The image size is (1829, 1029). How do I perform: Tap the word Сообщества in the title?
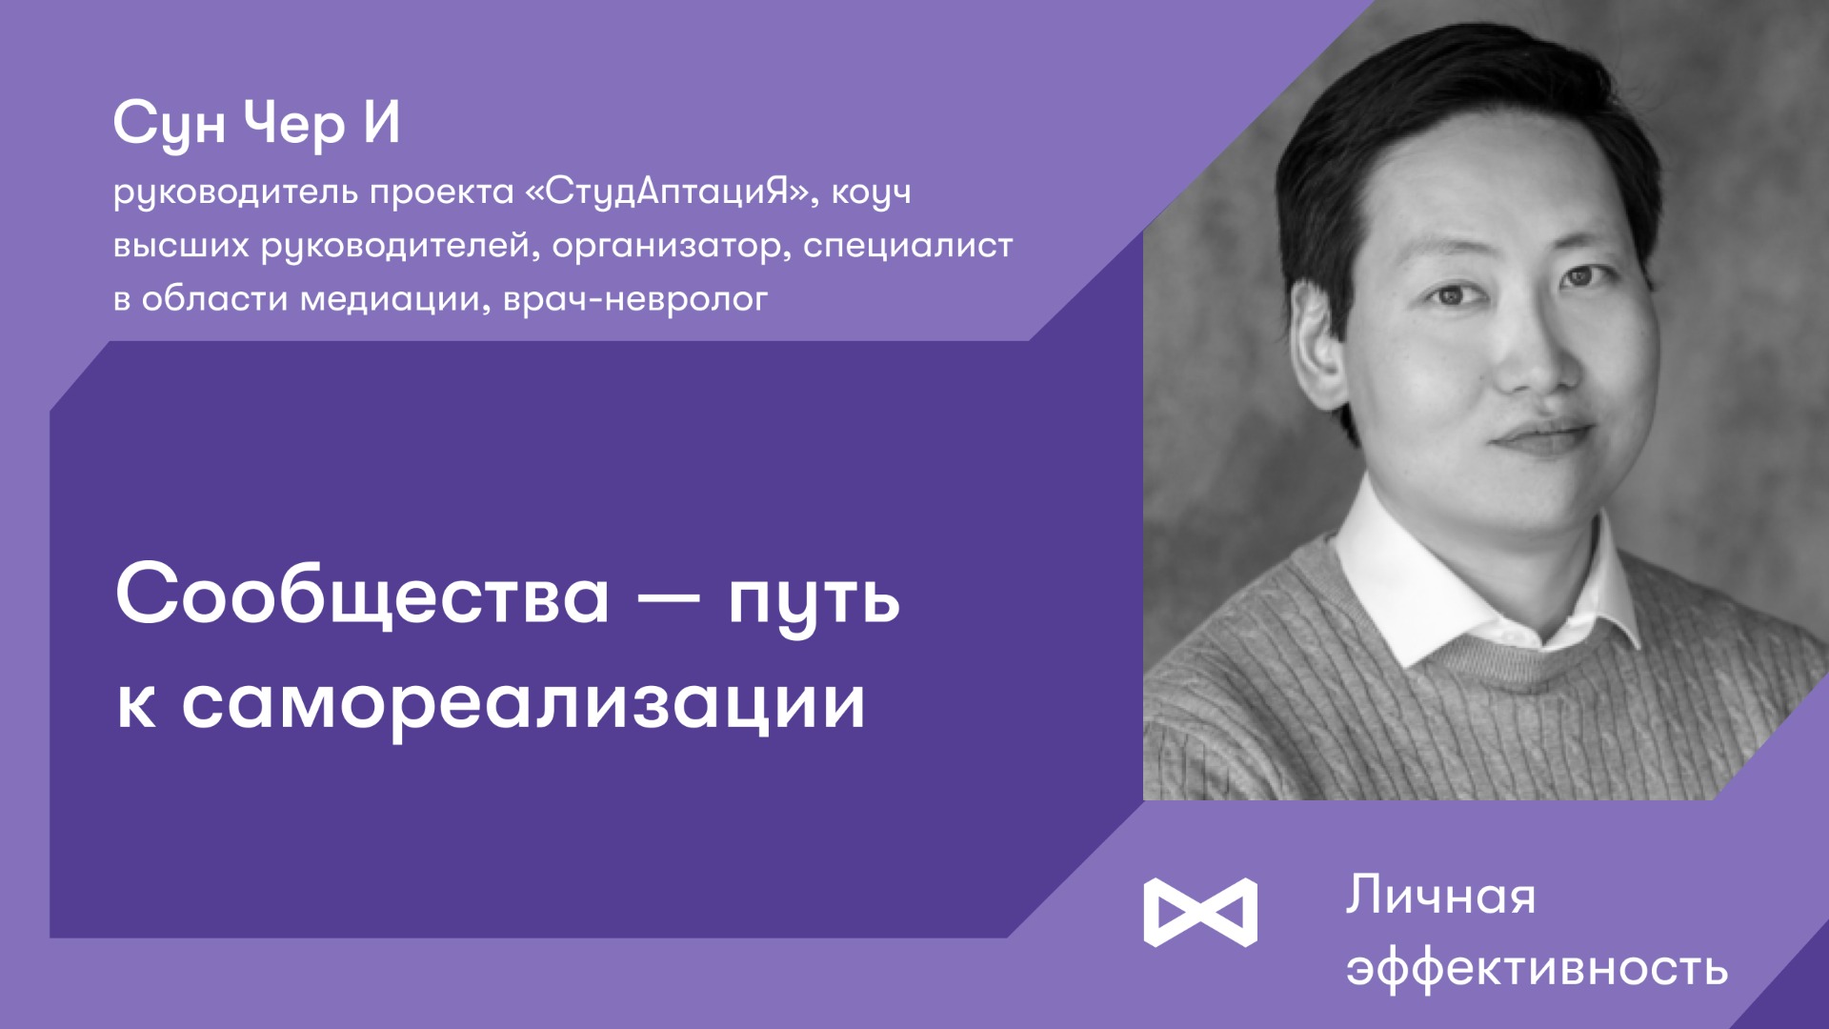tap(362, 595)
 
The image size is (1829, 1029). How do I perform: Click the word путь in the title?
tap(814, 598)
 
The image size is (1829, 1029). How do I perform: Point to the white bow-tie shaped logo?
tap(1200, 912)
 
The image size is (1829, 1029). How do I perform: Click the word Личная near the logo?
tap(1440, 897)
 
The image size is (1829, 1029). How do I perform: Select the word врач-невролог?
tap(635, 300)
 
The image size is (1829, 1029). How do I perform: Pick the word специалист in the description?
tap(908, 246)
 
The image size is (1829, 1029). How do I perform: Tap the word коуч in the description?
tap(871, 193)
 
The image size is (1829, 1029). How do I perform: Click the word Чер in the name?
tap(293, 124)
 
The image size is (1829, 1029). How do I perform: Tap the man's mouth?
tap(1543, 436)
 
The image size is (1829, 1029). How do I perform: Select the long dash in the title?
tap(668, 598)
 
